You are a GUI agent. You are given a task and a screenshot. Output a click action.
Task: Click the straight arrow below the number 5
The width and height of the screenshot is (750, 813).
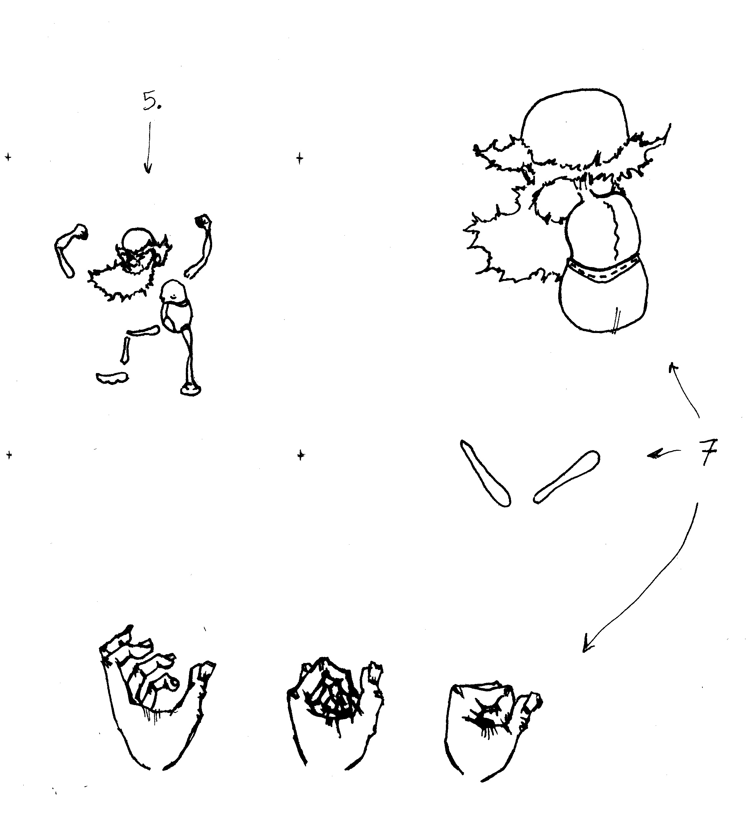[x=148, y=147]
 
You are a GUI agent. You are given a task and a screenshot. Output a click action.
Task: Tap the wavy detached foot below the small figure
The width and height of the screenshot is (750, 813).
[x=112, y=378]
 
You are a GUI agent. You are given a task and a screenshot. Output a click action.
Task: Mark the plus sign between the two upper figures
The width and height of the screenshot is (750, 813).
[x=299, y=158]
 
